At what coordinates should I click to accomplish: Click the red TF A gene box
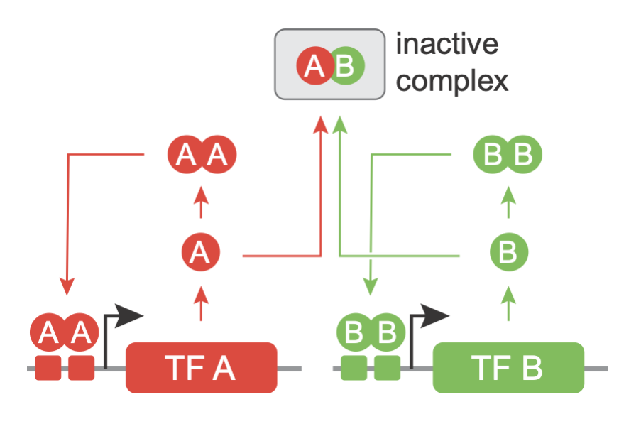(201, 367)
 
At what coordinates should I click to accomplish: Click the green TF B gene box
(508, 367)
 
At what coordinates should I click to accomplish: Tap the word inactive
(446, 45)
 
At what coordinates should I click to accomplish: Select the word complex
(452, 80)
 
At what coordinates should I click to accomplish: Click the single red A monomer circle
(201, 252)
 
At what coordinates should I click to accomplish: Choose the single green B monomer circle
(508, 252)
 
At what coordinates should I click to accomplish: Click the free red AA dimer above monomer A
(201, 155)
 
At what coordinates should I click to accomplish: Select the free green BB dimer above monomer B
(508, 155)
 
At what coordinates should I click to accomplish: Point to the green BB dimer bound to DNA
(371, 333)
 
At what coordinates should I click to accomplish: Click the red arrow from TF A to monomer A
(202, 303)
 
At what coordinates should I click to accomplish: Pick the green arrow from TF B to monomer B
(508, 303)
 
